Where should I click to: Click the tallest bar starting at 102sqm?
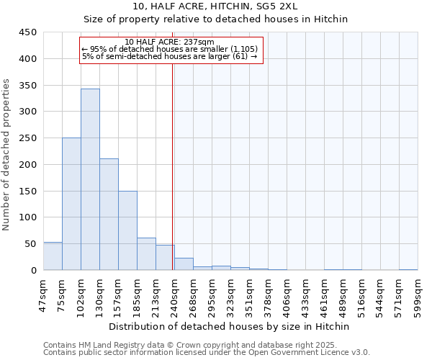click(90, 180)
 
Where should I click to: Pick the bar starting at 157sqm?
click(127, 230)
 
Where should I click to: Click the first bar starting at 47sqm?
click(53, 256)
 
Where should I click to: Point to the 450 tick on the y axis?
click(27, 32)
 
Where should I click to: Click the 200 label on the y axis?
click(27, 164)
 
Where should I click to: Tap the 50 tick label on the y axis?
click(30, 244)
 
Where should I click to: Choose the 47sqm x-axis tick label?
click(43, 293)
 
